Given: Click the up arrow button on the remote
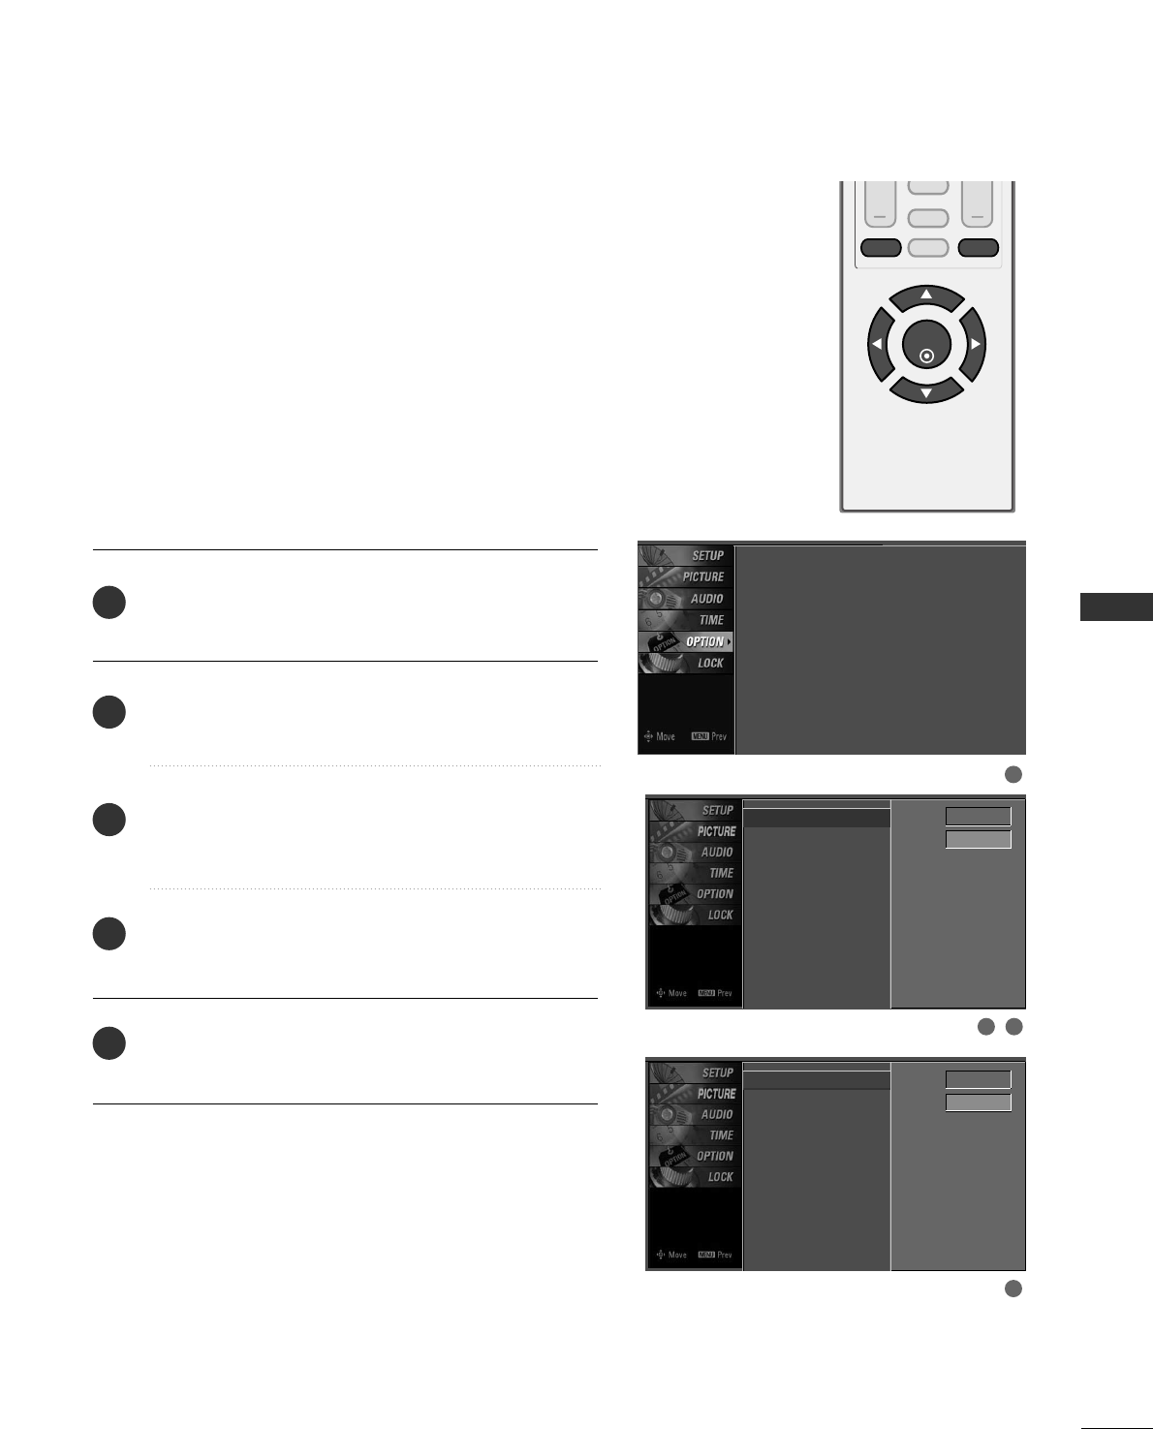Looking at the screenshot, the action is click(926, 296).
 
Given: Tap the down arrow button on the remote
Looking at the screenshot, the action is click(926, 390).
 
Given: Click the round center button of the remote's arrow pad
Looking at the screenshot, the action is click(926, 345).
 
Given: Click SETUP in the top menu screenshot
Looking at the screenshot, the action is click(706, 555).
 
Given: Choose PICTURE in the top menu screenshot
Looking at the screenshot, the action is click(702, 576).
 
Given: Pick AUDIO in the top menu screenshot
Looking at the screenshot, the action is click(706, 599).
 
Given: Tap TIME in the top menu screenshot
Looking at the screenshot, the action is click(710, 620).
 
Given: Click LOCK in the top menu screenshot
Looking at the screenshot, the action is click(710, 664).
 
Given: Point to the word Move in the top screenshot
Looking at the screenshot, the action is click(665, 736).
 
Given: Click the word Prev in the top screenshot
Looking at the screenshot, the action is click(718, 736).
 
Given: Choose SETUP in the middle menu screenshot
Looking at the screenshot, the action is click(717, 810).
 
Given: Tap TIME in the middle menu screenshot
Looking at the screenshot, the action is click(721, 873).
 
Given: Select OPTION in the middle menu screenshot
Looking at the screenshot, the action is click(715, 894).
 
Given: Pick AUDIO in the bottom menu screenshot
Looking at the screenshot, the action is click(717, 1114).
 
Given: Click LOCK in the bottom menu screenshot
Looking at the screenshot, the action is click(720, 1177).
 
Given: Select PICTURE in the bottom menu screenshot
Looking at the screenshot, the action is click(716, 1094).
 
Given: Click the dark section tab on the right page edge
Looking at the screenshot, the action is click(1116, 607).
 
